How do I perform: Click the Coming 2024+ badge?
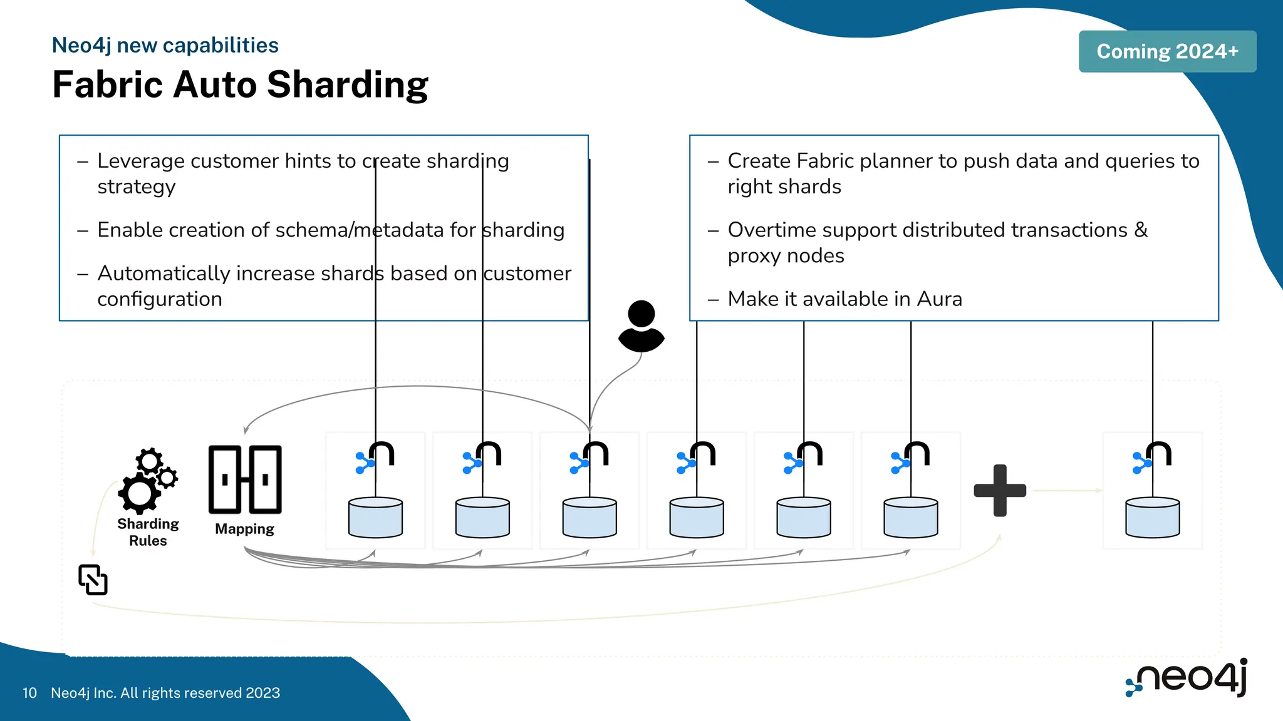click(1167, 51)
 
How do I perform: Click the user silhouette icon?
click(641, 326)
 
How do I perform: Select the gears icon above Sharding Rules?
click(147, 480)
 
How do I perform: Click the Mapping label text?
click(244, 529)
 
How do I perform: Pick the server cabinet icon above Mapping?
click(245, 479)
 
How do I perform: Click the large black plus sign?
click(1000, 491)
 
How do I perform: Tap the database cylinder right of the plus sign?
click(1152, 518)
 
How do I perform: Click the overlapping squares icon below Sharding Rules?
click(93, 580)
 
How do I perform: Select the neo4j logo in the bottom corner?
click(1187, 677)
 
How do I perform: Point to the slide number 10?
click(29, 693)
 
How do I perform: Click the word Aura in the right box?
click(939, 299)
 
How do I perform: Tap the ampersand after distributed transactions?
click(1141, 230)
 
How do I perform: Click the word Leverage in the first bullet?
click(141, 161)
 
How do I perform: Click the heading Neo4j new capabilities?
click(165, 45)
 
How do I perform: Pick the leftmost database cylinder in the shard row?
click(375, 518)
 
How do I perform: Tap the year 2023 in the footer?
click(262, 693)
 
